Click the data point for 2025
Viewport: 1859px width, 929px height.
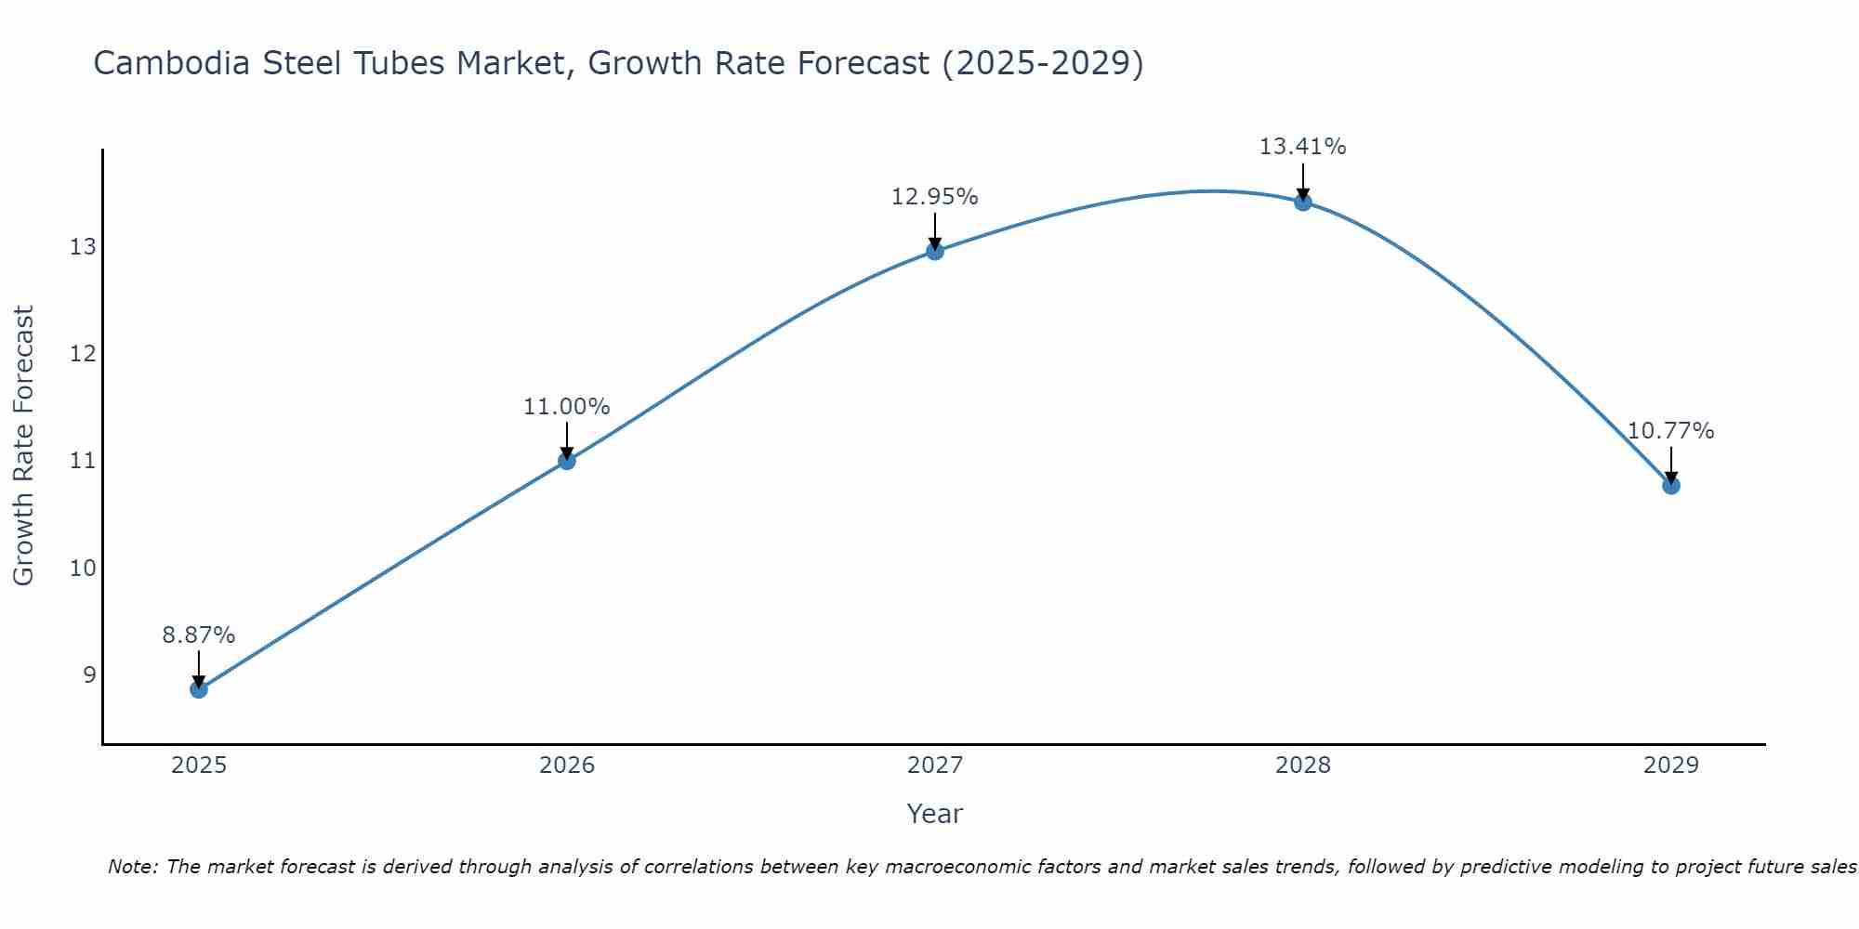click(199, 688)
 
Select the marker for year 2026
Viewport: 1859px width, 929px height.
click(567, 461)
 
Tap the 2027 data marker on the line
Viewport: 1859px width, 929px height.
click(935, 251)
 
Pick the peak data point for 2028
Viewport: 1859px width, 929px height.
click(1303, 202)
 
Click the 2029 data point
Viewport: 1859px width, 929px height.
click(1671, 485)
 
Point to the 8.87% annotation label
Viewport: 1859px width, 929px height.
click(199, 635)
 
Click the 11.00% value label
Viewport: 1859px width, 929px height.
click(567, 407)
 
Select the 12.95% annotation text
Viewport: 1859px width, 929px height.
click(935, 197)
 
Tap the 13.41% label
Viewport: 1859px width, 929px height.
click(1303, 147)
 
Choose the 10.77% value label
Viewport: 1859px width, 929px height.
click(1671, 431)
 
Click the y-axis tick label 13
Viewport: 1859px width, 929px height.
click(83, 247)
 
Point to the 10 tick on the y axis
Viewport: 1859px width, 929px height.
click(83, 568)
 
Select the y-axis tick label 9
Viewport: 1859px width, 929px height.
click(89, 674)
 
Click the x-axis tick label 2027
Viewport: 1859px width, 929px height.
click(935, 765)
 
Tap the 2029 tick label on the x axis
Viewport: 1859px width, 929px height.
click(1671, 765)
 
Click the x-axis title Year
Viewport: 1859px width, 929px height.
click(935, 814)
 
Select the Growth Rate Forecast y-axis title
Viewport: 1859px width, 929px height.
click(23, 445)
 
